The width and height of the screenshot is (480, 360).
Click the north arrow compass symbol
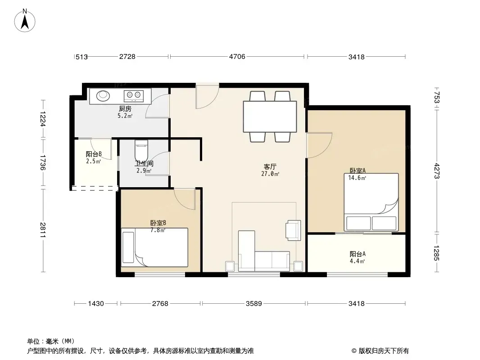tap(25, 21)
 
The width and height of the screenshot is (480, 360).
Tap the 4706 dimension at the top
tap(237, 57)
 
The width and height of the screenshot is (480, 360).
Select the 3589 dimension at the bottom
tap(254, 303)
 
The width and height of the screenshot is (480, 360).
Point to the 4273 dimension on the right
tap(437, 171)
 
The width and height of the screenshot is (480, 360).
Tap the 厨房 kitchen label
tap(125, 108)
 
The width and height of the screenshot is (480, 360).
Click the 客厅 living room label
tap(270, 166)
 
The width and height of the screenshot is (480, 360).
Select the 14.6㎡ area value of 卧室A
tap(357, 178)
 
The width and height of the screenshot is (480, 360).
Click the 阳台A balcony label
tap(358, 254)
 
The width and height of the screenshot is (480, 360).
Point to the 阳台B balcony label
tap(94, 154)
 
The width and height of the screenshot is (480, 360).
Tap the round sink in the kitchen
tap(103, 95)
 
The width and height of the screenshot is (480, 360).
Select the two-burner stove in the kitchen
tap(133, 96)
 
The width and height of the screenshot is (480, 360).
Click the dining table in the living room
tap(270, 117)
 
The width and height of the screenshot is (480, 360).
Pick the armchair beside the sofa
tap(293, 229)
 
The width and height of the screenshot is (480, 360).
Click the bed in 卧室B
tap(154, 247)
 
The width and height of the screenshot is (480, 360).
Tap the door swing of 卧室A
tap(319, 145)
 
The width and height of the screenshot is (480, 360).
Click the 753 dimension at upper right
tap(437, 98)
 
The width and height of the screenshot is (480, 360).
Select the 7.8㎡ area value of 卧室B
tap(158, 230)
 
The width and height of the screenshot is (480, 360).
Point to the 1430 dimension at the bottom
tap(96, 303)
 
